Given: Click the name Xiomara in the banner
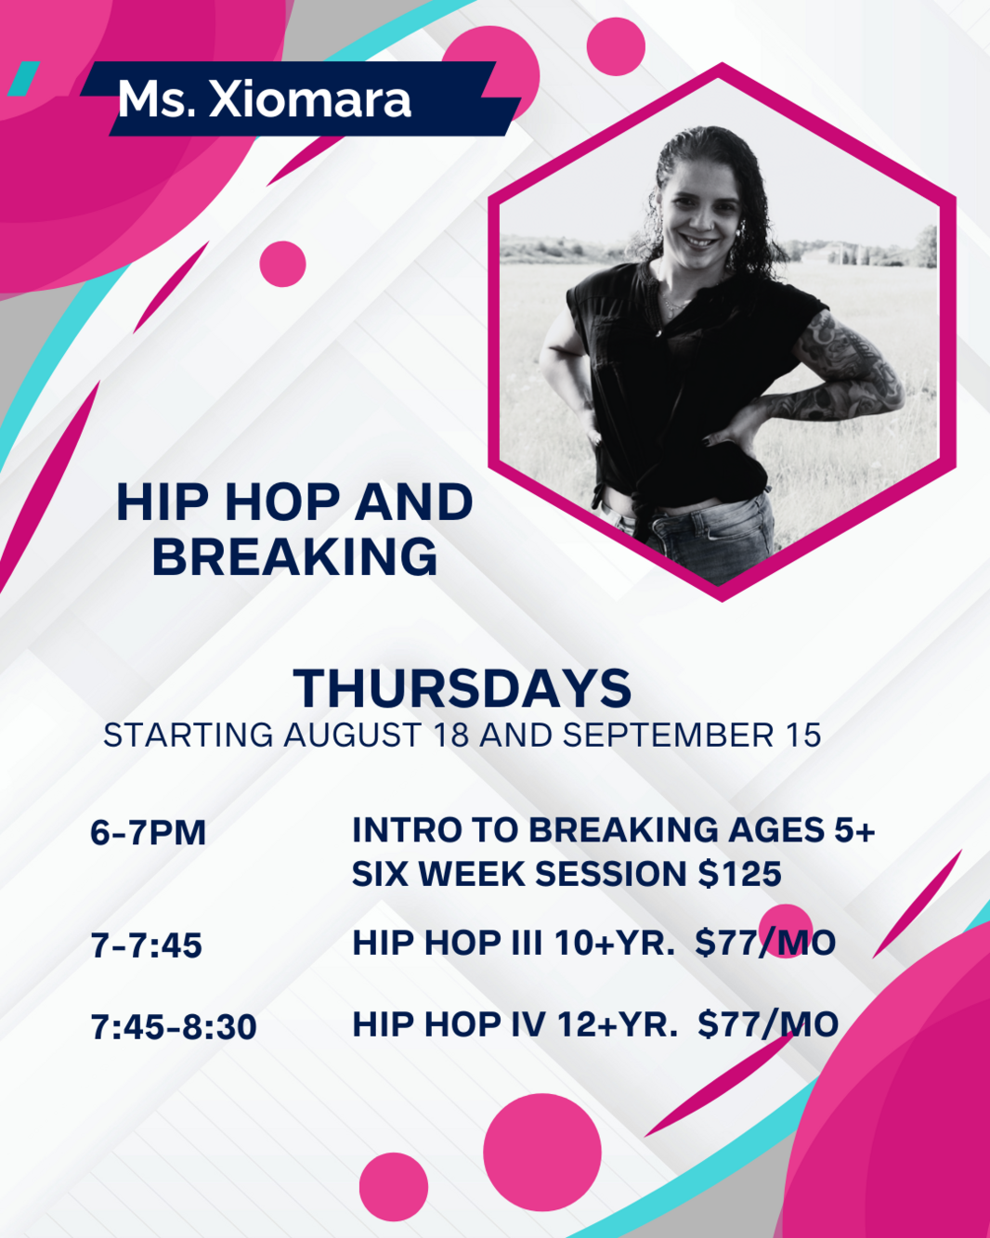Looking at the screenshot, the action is (309, 100).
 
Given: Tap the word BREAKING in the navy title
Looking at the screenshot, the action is (295, 556).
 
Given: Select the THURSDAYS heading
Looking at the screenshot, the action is (462, 688).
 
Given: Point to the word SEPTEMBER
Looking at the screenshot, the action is (668, 736).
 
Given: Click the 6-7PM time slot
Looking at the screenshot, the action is (148, 832).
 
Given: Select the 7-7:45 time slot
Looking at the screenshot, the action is (147, 945).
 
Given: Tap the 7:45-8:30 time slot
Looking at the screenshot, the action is (174, 1027).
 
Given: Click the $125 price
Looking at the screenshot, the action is (740, 873).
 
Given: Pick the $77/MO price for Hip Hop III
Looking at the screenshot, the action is (765, 943).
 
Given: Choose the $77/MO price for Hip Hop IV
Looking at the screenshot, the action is (768, 1024).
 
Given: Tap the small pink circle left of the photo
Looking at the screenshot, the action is (282, 264).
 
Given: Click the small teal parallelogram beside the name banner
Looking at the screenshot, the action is (23, 78).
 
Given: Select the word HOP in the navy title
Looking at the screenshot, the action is (282, 502).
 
